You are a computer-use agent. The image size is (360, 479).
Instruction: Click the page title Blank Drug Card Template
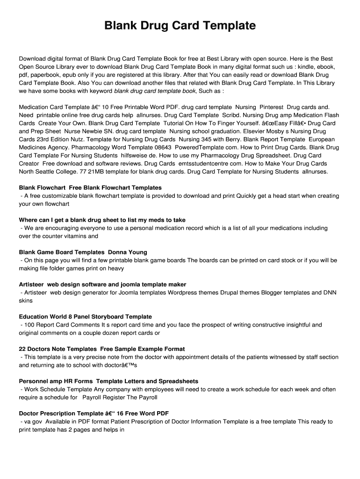[x=180, y=26]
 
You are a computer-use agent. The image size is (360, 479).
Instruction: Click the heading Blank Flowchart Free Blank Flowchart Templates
[x=90, y=188]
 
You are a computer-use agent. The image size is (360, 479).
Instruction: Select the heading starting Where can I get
[x=102, y=220]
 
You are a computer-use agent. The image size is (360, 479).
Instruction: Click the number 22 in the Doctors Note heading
[x=22, y=349]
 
